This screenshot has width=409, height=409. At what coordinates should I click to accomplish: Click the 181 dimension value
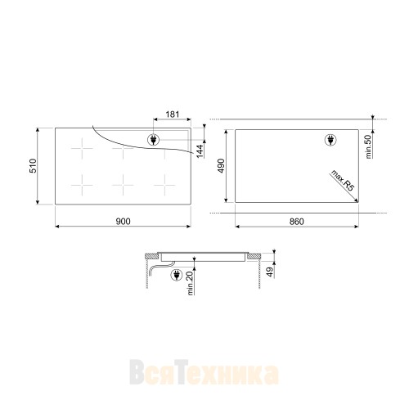(173, 115)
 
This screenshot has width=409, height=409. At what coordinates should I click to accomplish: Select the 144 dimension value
(200, 151)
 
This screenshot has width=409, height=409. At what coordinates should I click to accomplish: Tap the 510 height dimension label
(33, 166)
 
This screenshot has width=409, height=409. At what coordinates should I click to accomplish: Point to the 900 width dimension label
(124, 221)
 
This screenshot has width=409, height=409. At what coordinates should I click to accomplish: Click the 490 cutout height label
(221, 165)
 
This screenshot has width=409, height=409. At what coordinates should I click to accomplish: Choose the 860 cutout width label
(296, 222)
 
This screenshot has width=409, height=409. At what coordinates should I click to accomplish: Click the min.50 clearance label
(368, 146)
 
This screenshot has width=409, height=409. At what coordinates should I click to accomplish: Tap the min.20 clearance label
(190, 283)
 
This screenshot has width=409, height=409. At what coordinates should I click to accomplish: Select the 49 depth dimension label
(270, 272)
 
